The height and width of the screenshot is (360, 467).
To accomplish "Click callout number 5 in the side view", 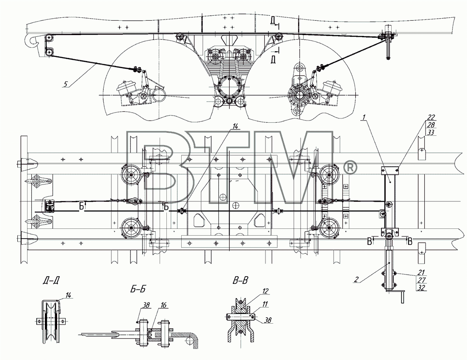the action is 66,84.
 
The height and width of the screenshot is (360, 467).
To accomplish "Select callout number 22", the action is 431,117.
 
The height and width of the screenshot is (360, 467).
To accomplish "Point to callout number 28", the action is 431,125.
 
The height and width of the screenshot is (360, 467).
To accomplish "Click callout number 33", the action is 431,133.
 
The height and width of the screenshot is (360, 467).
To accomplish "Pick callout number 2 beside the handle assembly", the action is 356,279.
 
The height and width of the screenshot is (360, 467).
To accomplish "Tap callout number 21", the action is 421,272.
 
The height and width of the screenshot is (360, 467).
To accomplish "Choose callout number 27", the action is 421,280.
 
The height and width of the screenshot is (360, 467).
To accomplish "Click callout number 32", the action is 421,288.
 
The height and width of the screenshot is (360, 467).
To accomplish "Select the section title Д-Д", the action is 51,280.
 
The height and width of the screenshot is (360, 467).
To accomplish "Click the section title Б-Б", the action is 138,289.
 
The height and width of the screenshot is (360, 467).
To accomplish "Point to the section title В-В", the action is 240,280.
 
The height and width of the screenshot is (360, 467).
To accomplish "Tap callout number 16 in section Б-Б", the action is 163,305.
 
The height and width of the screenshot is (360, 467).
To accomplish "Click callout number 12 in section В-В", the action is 265,291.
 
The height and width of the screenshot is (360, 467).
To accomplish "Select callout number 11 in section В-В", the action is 265,304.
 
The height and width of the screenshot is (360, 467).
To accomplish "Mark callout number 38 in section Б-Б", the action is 146,305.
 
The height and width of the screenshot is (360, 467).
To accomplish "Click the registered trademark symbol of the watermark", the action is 350,167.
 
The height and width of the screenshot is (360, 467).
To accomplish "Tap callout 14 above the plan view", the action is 235,126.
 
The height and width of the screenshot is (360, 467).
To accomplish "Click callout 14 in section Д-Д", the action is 68,295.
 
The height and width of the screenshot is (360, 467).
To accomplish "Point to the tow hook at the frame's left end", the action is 33,41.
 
